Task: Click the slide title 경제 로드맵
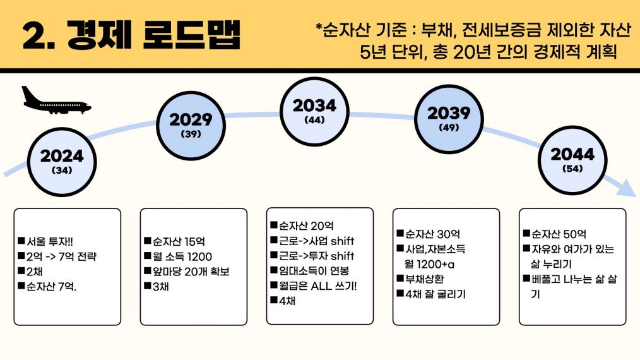[154, 35]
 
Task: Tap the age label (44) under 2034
[315, 120]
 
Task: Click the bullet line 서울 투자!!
[45, 241]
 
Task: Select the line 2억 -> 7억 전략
[57, 256]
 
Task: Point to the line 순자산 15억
[174, 241]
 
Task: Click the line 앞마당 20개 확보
[187, 272]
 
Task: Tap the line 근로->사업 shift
[312, 241]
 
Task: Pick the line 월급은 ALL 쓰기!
[314, 285]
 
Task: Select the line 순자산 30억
[429, 234]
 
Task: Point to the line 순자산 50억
[555, 234]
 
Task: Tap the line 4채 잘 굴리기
[431, 294]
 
